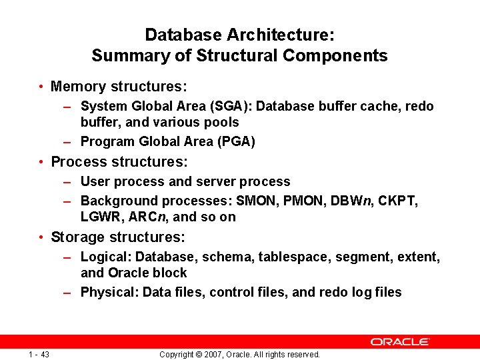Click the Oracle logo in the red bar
[x=400, y=341]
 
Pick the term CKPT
[x=398, y=201]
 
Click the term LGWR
[x=100, y=217]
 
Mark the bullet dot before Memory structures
[x=41, y=87]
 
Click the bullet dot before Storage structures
[x=41, y=237]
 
